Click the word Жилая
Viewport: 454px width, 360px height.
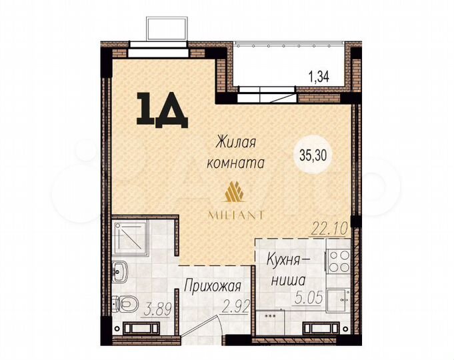(x=236, y=141)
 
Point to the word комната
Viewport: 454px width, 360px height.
(x=236, y=162)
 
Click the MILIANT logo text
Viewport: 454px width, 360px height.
(x=237, y=215)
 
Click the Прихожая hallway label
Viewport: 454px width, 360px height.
(x=212, y=288)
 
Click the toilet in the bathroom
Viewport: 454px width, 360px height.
(x=121, y=303)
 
